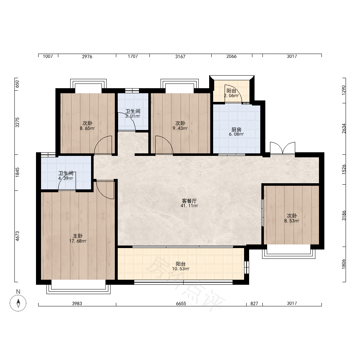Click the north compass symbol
pos(18,303)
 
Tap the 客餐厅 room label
pos(189,201)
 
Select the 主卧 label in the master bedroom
pos(78,236)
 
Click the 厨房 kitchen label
pos(236,130)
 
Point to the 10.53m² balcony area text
pos(181,269)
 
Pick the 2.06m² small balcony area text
pos(231,96)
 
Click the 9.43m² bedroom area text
pos(180,129)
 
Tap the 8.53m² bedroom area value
pos(292,221)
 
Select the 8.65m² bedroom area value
pos(87,129)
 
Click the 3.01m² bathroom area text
pos(133,116)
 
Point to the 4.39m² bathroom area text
pos(66,179)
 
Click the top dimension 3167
pos(180,57)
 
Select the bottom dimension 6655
pos(181,303)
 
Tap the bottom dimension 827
pos(254,303)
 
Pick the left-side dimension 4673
pos(17,236)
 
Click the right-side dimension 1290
pos(343,90)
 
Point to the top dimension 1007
pos(48,57)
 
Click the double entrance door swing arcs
pos(282,148)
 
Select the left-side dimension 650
pos(17,84)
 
